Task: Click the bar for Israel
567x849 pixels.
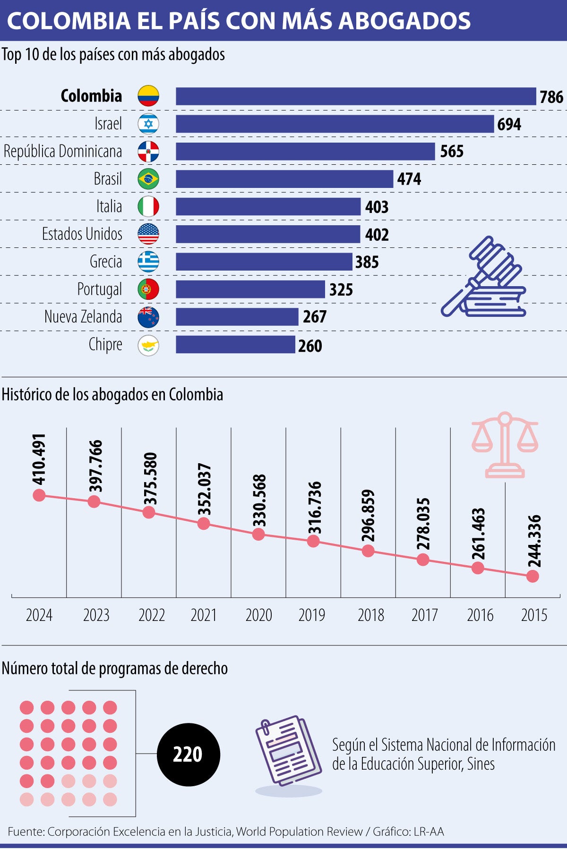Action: point(335,124)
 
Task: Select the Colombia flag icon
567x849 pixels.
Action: point(148,96)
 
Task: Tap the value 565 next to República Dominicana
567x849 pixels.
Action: point(452,152)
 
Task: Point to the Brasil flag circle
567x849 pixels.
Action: point(148,179)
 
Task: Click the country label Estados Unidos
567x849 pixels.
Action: point(82,234)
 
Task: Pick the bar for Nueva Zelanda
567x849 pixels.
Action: point(237,317)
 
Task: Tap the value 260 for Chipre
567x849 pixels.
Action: point(310,346)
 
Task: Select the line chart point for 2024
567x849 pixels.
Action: point(39,495)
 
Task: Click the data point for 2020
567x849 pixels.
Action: point(258,535)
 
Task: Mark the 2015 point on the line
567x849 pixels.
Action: point(533,576)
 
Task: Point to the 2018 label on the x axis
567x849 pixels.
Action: point(371,615)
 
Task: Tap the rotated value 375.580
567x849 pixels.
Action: point(150,479)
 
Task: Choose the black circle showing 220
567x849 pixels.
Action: point(188,755)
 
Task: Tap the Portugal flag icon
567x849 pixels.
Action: point(148,289)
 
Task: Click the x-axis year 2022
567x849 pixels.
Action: point(152,615)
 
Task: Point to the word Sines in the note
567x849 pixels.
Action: point(481,764)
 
